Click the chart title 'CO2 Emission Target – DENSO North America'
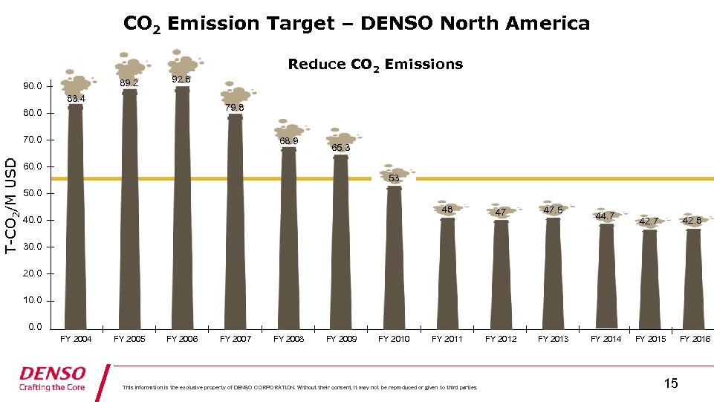pos(357,24)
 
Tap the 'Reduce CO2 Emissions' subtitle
pos(375,65)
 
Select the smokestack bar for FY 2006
pos(182,208)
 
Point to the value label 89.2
pos(129,83)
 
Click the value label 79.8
pos(235,108)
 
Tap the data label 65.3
pos(341,148)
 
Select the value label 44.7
pos(605,216)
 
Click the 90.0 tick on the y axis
pos(33,86)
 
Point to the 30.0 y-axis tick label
pos(33,247)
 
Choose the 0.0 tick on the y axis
pos(35,327)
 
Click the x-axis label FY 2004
pos(77,340)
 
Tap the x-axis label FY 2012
pos(501,340)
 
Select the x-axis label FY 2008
pos(288,340)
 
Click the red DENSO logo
pos(52,373)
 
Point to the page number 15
pos(670,383)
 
